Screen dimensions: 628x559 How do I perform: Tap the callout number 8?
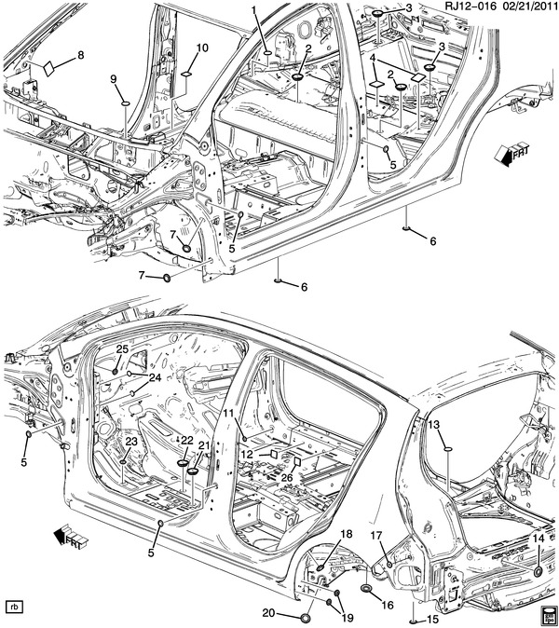[x=80, y=55]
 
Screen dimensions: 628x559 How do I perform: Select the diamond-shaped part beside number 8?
[x=47, y=68]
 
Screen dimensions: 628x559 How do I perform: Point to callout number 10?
[x=202, y=47]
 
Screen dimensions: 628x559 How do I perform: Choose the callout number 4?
[x=373, y=58]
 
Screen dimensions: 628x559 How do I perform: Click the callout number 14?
[x=538, y=539]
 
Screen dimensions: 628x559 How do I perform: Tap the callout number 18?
[x=346, y=533]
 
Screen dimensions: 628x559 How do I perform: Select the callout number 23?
[x=130, y=441]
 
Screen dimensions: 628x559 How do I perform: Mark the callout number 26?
[x=287, y=477]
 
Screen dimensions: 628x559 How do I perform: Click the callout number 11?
[x=227, y=412]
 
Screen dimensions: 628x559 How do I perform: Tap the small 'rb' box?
[x=14, y=607]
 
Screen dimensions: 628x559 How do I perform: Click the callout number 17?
[x=377, y=536]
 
